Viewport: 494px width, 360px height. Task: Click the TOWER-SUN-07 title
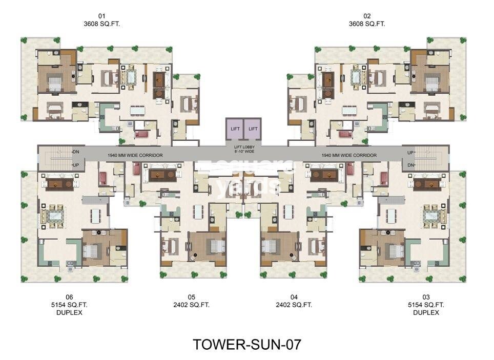[x=246, y=344]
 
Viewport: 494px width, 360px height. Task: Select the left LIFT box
[x=235, y=129]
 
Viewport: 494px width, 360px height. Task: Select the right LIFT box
[x=253, y=129]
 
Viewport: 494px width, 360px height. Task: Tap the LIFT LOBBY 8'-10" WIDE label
[x=243, y=150]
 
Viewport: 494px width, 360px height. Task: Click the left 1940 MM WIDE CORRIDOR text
[x=135, y=155]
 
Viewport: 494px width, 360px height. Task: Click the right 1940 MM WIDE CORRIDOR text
[x=349, y=155]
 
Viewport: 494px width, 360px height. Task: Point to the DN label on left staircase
[x=76, y=152]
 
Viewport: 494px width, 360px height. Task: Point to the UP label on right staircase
[x=410, y=153]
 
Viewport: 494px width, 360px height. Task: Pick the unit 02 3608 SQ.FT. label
[x=367, y=20]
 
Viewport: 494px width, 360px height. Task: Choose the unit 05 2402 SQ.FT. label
[x=192, y=301]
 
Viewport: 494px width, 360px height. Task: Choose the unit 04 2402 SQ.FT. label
[x=294, y=301]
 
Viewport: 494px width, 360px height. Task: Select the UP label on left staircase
[x=76, y=165]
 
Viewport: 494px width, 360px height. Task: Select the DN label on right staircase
[x=410, y=165]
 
